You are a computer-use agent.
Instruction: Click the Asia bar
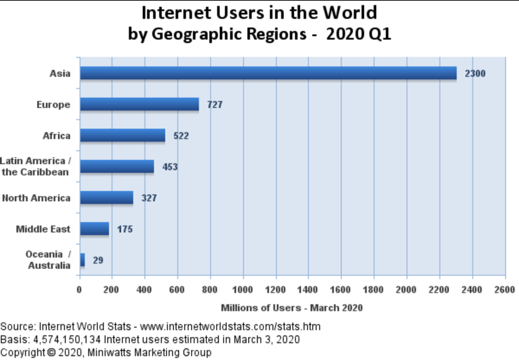click(268, 73)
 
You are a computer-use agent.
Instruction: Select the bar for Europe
click(139, 104)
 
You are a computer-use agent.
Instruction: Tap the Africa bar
click(122, 135)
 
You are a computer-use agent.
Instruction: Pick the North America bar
click(106, 197)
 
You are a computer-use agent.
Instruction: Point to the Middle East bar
click(94, 229)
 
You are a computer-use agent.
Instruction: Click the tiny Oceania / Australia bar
click(82, 260)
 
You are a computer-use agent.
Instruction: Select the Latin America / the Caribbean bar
click(117, 167)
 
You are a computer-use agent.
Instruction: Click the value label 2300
click(475, 74)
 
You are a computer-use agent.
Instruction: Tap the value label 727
click(215, 104)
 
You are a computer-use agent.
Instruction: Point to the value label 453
click(170, 167)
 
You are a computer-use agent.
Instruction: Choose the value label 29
click(97, 260)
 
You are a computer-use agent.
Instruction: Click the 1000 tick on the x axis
click(243, 290)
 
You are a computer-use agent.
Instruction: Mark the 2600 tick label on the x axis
click(505, 290)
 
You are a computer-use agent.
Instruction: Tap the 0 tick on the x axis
click(79, 290)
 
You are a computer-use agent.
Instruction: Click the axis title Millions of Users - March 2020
click(292, 307)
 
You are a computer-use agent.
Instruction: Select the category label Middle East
click(43, 229)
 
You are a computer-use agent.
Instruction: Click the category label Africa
click(56, 135)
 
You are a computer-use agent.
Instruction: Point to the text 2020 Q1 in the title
click(359, 34)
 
